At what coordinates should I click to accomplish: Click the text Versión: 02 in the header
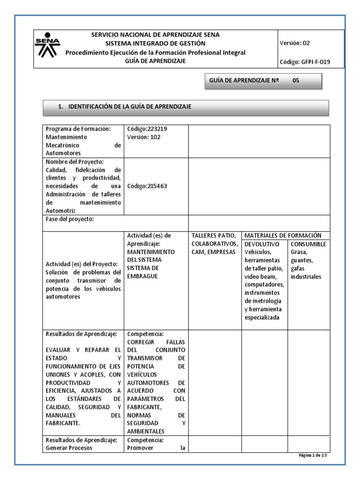pos(294,43)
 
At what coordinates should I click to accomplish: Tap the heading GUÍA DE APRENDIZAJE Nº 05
pos(253,80)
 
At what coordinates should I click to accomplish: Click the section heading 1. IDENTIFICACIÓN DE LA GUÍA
pos(125,107)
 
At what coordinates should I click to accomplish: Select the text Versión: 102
pos(144,137)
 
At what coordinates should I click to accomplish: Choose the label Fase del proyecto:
pos(70,219)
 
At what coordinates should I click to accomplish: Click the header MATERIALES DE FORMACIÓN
pos(283,235)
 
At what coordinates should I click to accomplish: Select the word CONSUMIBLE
pos(308,244)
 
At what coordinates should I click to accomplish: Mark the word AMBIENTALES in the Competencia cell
pos(146,431)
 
